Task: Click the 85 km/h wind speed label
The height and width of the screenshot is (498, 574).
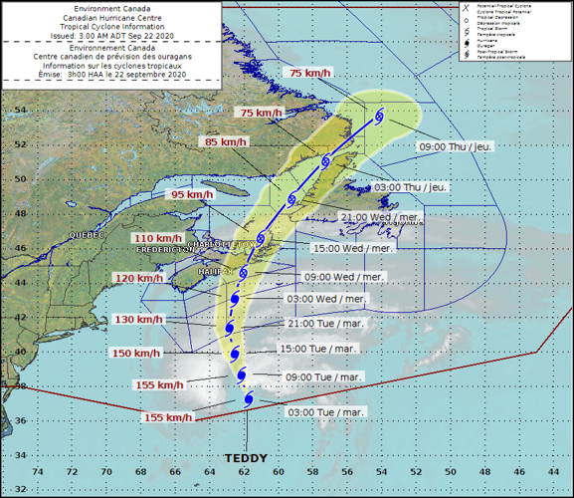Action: (x=225, y=142)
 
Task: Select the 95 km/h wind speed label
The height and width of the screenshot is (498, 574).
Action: (x=192, y=195)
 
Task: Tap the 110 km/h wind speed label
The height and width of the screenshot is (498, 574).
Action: (x=158, y=238)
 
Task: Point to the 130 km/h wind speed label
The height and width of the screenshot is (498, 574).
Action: (x=137, y=319)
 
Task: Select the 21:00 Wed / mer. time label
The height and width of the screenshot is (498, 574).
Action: (x=381, y=216)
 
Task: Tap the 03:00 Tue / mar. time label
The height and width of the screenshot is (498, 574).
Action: (x=325, y=411)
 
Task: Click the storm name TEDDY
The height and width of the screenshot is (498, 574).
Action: (x=246, y=457)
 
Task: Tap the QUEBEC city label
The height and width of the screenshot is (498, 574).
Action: (x=86, y=235)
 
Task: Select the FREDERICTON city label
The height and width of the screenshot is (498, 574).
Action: (x=164, y=250)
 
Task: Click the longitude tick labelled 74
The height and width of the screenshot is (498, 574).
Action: (x=38, y=471)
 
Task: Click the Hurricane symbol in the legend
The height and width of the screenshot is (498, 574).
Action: (x=466, y=42)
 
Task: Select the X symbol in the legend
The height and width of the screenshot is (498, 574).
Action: (x=466, y=7)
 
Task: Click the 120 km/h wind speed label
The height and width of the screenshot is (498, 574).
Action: (x=137, y=278)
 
